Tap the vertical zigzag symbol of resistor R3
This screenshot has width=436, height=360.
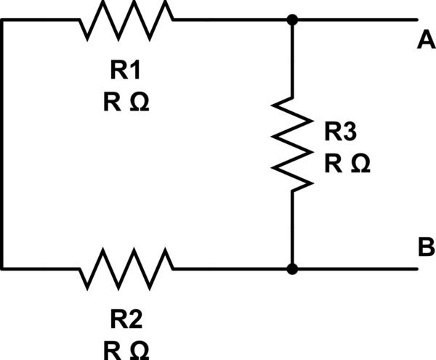point(292,144)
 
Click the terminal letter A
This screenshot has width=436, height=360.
point(426,41)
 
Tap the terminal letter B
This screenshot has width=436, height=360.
point(426,248)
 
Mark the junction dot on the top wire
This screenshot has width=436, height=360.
point(292,20)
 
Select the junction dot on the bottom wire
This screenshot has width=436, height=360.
point(292,269)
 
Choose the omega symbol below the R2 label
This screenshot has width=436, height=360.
point(139,351)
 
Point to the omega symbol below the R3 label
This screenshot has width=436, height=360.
point(360,164)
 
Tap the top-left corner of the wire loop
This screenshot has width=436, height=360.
point(3,20)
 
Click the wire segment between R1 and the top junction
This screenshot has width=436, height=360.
point(233,20)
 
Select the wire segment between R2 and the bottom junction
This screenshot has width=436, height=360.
point(233,269)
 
